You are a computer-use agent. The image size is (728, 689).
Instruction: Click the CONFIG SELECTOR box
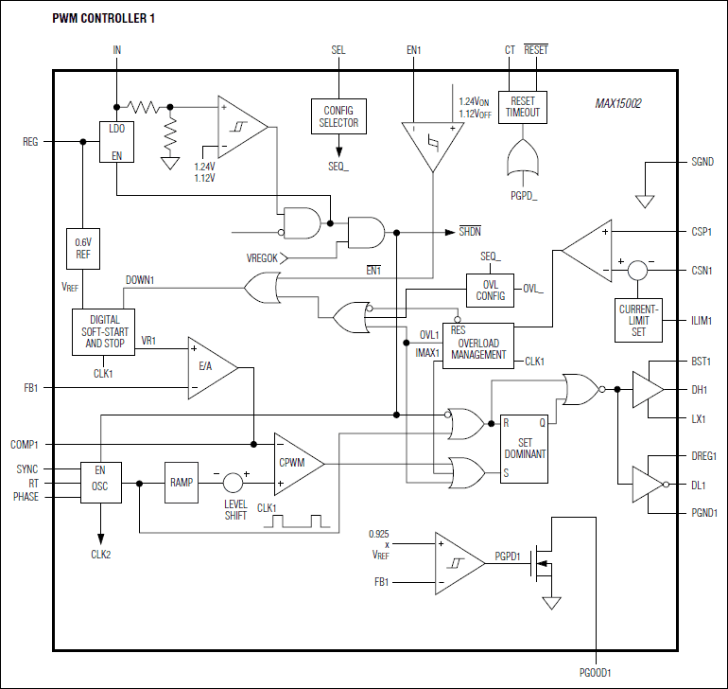click(x=339, y=117)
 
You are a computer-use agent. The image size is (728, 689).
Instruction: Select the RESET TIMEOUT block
click(x=523, y=107)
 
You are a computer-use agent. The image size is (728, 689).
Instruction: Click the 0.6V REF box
click(x=82, y=248)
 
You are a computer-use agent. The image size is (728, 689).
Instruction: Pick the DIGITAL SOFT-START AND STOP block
click(x=104, y=331)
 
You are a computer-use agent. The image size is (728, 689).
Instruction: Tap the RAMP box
click(x=182, y=482)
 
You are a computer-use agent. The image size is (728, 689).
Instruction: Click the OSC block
click(x=99, y=483)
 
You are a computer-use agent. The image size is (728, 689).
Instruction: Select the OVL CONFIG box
click(x=490, y=290)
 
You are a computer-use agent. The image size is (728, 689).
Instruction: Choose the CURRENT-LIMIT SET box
click(x=639, y=321)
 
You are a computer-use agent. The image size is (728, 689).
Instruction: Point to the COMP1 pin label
click(x=25, y=444)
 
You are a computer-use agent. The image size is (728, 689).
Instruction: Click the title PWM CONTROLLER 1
click(x=104, y=18)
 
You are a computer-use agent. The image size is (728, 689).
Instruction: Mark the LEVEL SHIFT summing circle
click(x=234, y=483)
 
